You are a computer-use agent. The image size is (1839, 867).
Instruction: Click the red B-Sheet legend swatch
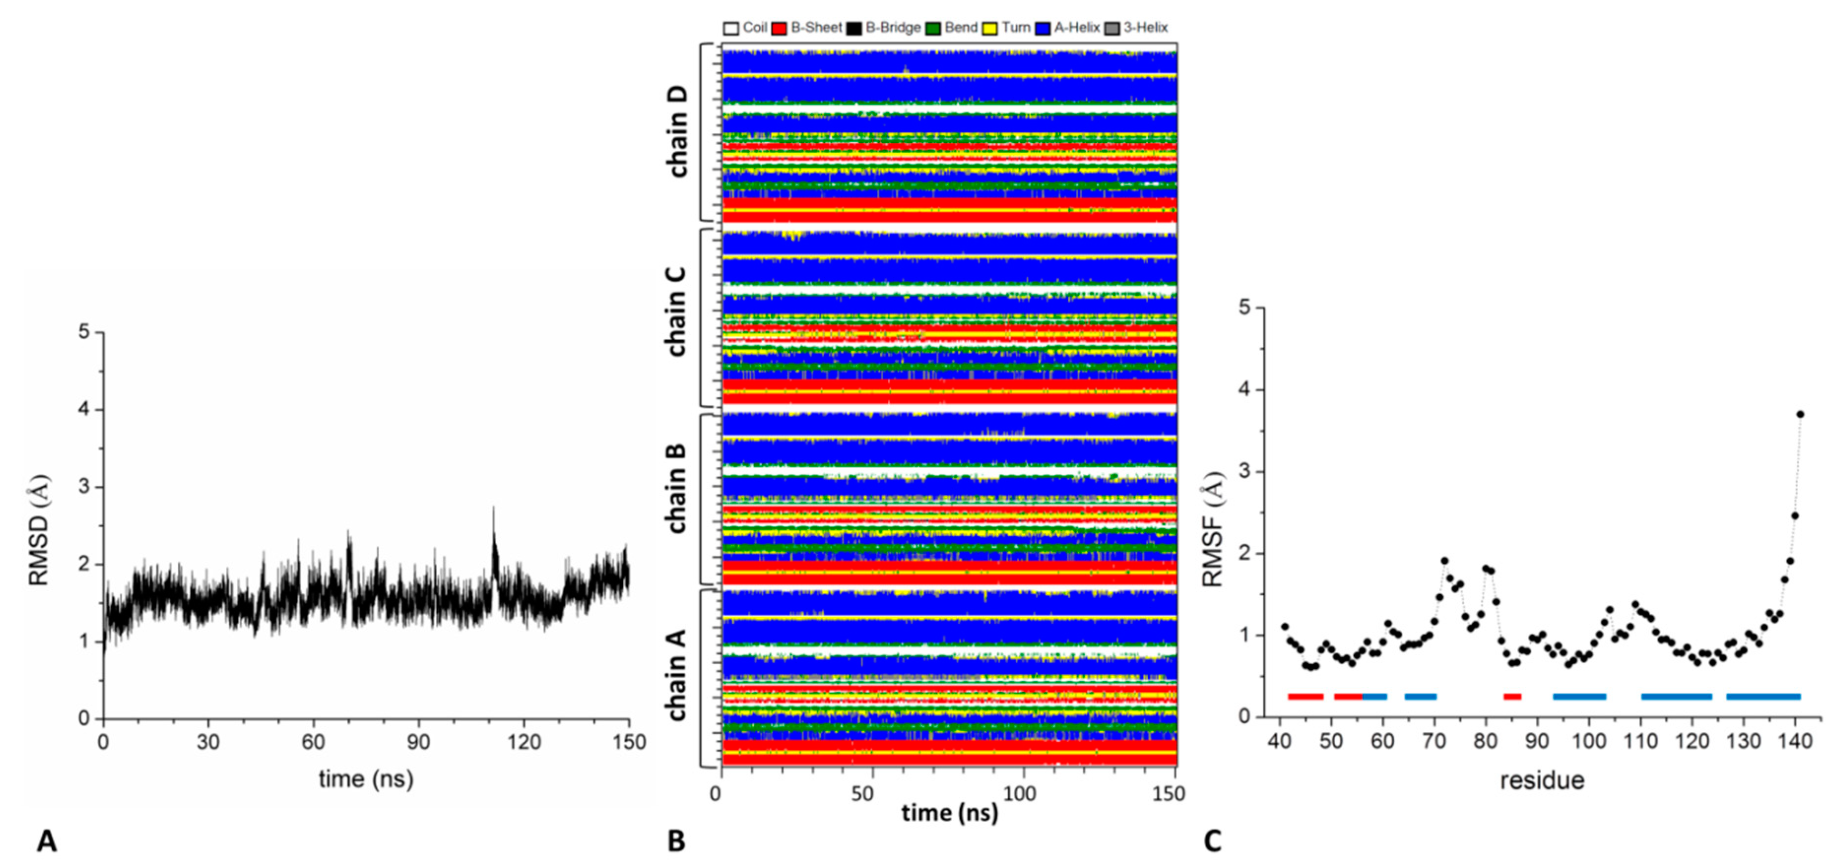(779, 29)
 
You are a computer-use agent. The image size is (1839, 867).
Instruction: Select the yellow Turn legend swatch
(990, 29)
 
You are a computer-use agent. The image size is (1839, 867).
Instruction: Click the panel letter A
(46, 840)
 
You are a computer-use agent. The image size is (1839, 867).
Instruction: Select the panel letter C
(1212, 840)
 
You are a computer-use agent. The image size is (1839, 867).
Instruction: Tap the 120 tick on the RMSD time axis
(524, 742)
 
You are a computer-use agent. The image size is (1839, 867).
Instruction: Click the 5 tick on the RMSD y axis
(84, 332)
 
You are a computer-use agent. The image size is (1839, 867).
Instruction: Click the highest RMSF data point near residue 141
(1800, 414)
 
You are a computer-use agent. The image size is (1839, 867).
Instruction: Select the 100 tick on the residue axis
(1588, 740)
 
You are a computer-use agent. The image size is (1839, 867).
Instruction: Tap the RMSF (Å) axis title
(1212, 529)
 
